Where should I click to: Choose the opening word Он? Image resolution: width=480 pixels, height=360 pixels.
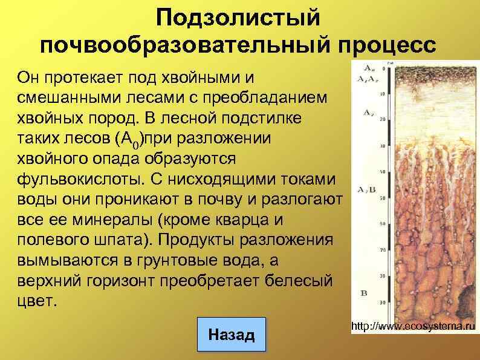point(29,77)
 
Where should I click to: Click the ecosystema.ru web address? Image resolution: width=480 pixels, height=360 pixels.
point(413,327)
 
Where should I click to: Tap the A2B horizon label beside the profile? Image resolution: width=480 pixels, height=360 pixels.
point(366,190)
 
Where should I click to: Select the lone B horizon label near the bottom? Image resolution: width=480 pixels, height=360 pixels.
point(364,293)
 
